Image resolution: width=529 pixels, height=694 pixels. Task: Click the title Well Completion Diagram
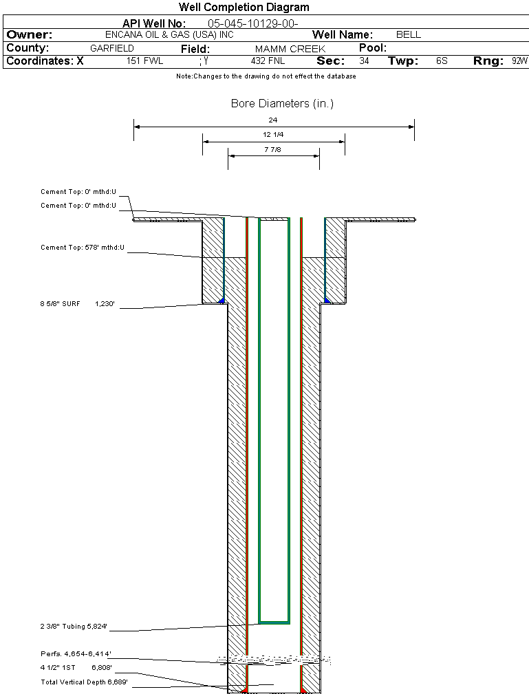[244, 8]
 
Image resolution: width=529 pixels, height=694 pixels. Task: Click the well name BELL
[409, 34]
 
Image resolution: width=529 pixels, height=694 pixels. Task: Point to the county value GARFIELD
[112, 48]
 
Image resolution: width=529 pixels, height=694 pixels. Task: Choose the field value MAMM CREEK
[290, 49]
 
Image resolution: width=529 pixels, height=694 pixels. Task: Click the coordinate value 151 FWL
[144, 61]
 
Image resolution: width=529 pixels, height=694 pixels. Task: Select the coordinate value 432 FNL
[268, 61]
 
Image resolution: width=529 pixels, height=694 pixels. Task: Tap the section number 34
[364, 61]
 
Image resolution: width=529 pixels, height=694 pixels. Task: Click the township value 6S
[442, 61]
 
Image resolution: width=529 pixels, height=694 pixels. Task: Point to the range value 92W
[519, 61]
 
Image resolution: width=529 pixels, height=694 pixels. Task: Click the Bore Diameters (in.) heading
[282, 104]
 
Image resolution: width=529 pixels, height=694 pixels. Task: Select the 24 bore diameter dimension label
[273, 120]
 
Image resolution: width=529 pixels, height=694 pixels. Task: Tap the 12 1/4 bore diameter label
[273, 135]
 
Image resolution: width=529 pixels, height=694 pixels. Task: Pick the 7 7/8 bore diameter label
[273, 149]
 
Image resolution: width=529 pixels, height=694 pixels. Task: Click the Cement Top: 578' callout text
[83, 248]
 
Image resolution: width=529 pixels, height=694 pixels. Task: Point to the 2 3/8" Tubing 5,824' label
[74, 627]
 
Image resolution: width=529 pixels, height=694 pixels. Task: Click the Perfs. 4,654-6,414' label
[76, 653]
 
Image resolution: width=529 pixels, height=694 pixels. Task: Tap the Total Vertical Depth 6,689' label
[84, 682]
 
